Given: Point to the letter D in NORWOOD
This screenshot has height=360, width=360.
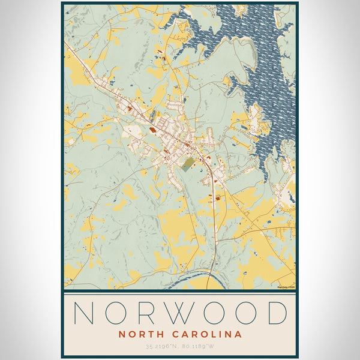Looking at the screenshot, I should point(278,313).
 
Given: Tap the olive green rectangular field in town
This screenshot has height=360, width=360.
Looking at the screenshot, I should point(188,164).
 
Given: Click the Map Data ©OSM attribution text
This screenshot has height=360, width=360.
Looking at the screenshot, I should point(286,287).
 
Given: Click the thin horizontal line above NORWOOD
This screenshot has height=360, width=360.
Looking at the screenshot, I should point(180,295).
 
